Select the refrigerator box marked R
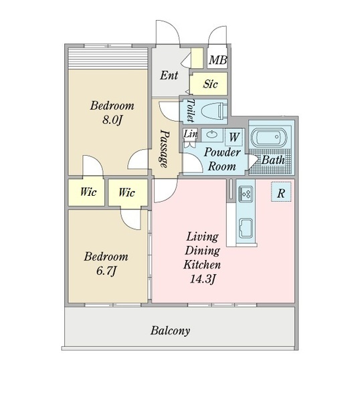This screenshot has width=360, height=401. pos(281,192)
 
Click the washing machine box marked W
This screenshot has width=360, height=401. pos(234,137)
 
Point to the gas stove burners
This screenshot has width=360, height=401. pos(246,194)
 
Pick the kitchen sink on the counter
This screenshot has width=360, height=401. pos(246,228)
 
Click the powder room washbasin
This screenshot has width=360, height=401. pos(211,134)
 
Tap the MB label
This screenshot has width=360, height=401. pos(217,60)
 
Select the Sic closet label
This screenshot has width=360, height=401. pos(210,84)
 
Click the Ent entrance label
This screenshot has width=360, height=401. pos(169,75)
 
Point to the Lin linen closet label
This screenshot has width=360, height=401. pos(191,134)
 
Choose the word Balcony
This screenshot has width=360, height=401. pos(170,330)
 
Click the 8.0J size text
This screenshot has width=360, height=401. pos(112,120)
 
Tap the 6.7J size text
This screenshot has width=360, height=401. pos(106,271)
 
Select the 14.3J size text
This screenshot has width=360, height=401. pos(202,279)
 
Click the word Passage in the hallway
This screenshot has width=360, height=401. pos(165,148)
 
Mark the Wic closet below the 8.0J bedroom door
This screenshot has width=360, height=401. pos(86,192)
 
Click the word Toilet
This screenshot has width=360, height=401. pos(191,110)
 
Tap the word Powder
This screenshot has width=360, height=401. pos(222,152)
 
